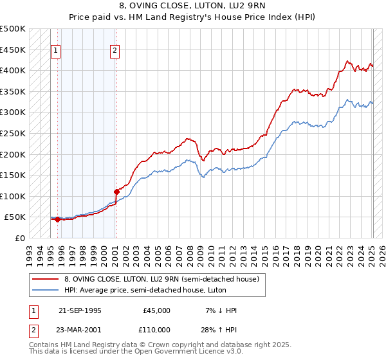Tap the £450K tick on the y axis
[13, 50]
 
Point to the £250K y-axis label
[13, 133]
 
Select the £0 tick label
[19, 238]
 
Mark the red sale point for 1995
[58, 219]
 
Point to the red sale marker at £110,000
[116, 192]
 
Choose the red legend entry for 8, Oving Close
[161, 279]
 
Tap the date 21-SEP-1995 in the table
[80, 310]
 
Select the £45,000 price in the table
[157, 310]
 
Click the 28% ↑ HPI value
[219, 329]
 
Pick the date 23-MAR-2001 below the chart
[80, 329]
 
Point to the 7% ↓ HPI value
[219, 310]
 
